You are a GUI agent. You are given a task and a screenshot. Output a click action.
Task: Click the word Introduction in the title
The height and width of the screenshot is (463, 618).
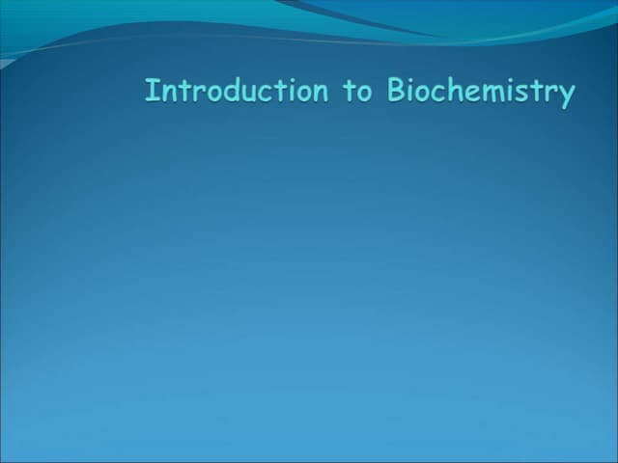point(237,92)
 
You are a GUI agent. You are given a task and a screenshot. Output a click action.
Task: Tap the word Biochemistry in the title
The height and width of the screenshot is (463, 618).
point(481,93)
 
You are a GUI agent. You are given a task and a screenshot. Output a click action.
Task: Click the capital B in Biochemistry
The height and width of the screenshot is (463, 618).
point(396,91)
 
